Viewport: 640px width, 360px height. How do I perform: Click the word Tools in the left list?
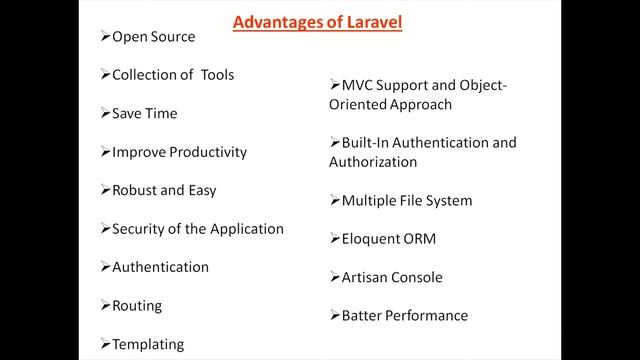coord(217,75)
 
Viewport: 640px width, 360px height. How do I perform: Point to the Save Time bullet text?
coord(144,113)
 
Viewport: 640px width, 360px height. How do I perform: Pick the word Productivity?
coord(206,152)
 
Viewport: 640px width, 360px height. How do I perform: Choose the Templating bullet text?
coord(148,343)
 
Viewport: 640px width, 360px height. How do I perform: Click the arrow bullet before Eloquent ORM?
coord(334,239)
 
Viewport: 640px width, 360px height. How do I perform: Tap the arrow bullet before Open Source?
coord(105,37)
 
